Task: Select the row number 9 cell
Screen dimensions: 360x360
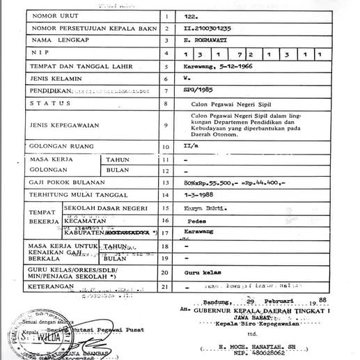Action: pyautogui.click(x=166, y=125)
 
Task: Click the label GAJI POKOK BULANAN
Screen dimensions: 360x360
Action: pyautogui.click(x=63, y=182)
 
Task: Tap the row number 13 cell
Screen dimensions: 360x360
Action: pyautogui.click(x=166, y=182)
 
